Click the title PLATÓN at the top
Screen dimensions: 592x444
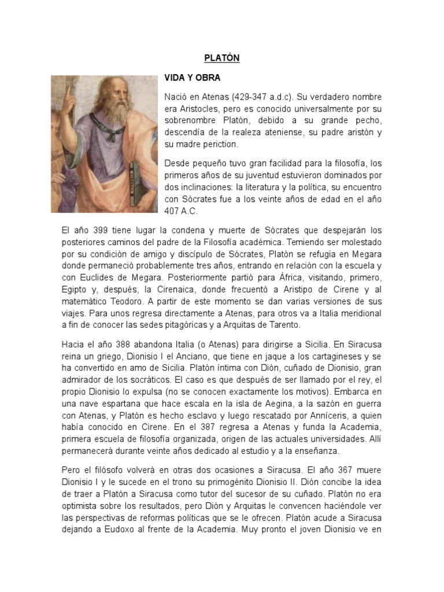221,58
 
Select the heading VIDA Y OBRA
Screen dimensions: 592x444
192,77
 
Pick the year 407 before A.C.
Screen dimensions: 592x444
173,210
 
